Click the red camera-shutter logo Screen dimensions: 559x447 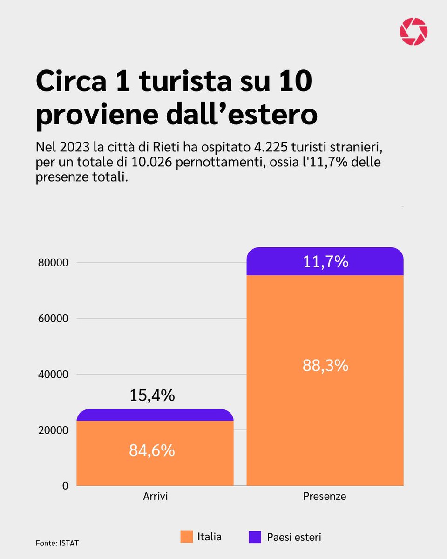pos(413,32)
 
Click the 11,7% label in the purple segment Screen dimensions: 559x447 pos(325,262)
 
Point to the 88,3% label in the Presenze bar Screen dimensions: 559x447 pos(325,365)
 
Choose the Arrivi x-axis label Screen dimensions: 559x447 pos(155,497)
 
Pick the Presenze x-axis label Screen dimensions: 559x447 pos(325,497)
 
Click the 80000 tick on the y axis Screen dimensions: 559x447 pos(53,263)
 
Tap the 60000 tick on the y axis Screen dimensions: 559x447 pos(53,319)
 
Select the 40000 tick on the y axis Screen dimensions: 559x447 pos(53,374)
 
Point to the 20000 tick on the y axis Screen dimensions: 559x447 pos(53,430)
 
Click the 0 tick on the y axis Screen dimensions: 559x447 pos(66,486)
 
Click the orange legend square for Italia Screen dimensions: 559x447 pos(186,537)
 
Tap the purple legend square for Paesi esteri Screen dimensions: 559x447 pos(255,537)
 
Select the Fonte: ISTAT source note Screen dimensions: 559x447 pos(54,543)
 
